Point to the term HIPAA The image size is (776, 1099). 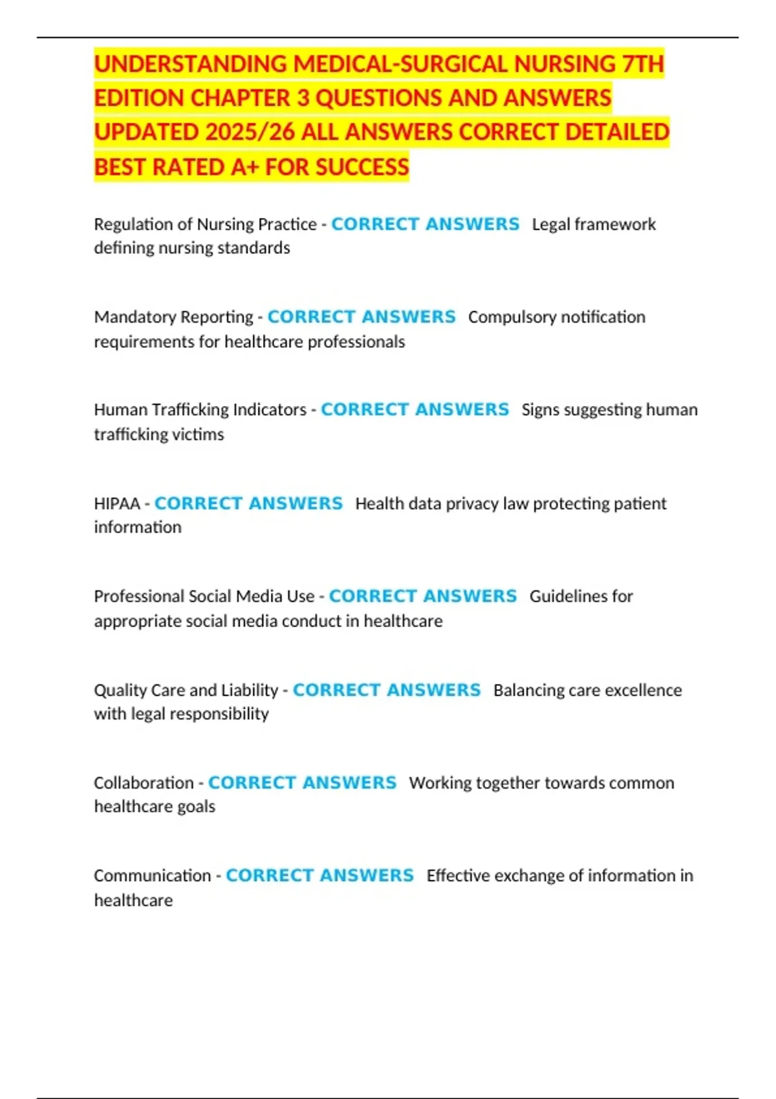tap(117, 504)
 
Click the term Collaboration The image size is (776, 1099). tap(144, 783)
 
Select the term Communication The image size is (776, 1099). tap(153, 875)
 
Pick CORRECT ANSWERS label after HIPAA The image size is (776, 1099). tap(248, 504)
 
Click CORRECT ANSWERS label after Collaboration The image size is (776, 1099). tap(302, 783)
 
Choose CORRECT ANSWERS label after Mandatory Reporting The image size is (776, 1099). tap(361, 317)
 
